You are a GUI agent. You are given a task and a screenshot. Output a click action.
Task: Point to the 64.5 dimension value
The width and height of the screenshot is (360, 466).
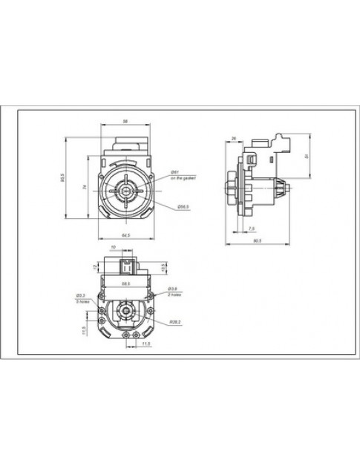125,235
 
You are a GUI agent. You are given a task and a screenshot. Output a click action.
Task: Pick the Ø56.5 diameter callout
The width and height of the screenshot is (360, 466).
183,206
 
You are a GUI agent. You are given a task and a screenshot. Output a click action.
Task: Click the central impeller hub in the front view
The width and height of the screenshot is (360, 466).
125,190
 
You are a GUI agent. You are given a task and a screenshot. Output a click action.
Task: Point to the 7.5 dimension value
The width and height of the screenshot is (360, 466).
252,228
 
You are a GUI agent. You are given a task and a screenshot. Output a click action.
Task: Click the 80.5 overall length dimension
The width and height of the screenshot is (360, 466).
256,240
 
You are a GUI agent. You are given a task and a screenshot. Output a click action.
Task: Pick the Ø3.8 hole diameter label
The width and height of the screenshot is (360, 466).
171,289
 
